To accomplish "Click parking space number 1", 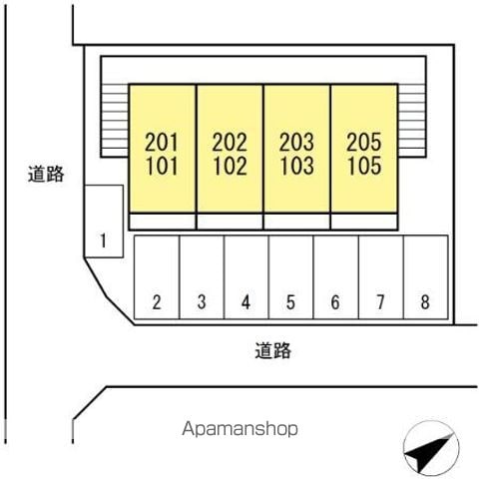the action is coord(104,222).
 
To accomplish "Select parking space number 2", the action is coord(157,277).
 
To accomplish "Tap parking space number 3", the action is coord(202,277).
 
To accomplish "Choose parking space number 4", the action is coord(246,277).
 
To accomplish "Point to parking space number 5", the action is coord(291,277).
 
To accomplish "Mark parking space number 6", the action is coord(336,277).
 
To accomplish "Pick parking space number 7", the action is coord(381,277).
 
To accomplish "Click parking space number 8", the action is coord(426,277).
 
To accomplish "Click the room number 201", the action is coord(162,142).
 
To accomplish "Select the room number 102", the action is coord(230,166).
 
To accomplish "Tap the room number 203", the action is coord(296,142).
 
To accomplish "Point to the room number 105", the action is coord(364,166).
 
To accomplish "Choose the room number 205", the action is coord(364,142).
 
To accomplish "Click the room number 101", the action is coord(162,166).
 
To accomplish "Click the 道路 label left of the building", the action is coord(46,174).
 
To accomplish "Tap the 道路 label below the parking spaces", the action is coord(273,350).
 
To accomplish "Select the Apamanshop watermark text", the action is coord(239,429).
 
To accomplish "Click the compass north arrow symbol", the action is coord(431,448).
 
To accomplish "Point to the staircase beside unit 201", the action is coord(115,121).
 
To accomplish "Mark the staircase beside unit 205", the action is coord(412,121).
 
